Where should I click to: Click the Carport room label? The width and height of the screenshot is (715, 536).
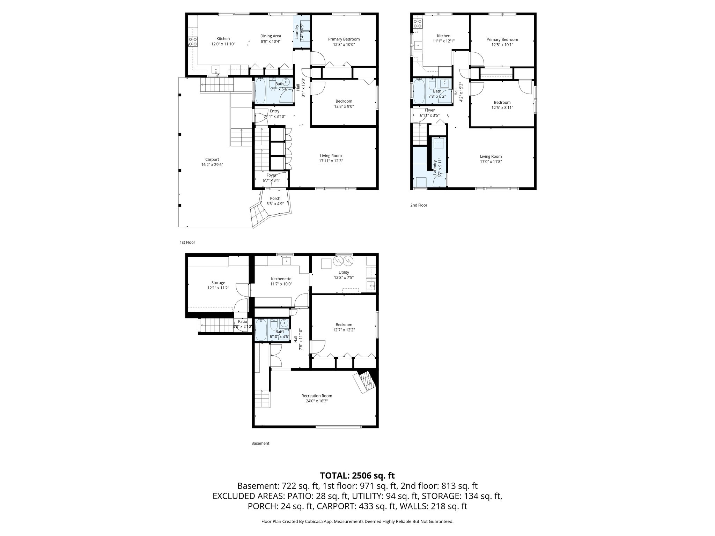coord(212,159)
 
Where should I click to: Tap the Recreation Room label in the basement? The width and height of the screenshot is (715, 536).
coord(317,396)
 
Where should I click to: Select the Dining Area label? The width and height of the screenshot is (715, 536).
coord(271,36)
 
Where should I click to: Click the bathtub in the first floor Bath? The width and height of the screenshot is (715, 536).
coord(260,90)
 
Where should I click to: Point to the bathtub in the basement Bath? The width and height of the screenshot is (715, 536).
coord(260,330)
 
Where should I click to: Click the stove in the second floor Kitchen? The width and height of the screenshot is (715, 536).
coord(417,23)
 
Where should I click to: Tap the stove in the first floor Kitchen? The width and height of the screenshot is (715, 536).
coord(192,42)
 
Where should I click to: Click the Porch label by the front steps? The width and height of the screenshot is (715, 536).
coord(275,198)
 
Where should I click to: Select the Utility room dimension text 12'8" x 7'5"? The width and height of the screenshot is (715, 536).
coord(344,278)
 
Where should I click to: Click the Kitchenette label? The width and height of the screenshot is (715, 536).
coord(281,279)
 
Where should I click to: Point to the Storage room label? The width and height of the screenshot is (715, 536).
coord(218,283)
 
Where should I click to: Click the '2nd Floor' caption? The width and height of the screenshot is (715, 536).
coord(419,205)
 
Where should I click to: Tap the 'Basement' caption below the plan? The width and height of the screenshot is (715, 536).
coord(260,444)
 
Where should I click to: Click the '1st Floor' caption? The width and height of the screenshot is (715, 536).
coord(187,242)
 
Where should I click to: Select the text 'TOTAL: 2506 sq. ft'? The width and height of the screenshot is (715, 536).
coord(357,475)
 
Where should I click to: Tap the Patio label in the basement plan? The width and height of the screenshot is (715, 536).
coord(242,321)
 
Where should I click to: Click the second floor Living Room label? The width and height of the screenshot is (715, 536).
coord(491,156)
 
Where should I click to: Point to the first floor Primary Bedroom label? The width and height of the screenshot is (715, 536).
coord(344,39)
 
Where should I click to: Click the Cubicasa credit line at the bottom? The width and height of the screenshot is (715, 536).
coord(357,521)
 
